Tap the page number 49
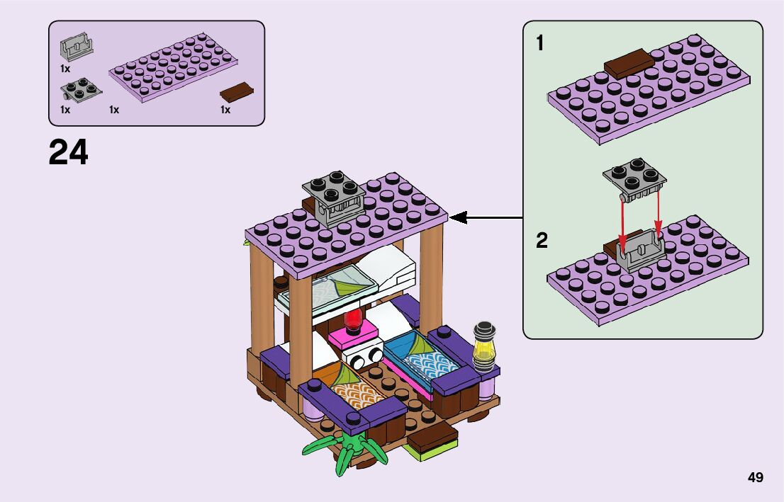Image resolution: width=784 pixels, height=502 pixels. [755, 477]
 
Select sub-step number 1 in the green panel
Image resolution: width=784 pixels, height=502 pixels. [540, 44]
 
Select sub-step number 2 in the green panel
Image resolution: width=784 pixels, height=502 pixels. [542, 241]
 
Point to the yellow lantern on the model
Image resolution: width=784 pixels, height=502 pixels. [483, 348]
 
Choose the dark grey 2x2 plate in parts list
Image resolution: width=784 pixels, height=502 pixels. [81, 88]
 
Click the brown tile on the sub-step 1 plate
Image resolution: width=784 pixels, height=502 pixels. [627, 62]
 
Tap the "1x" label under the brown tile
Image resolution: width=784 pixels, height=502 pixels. [225, 110]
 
